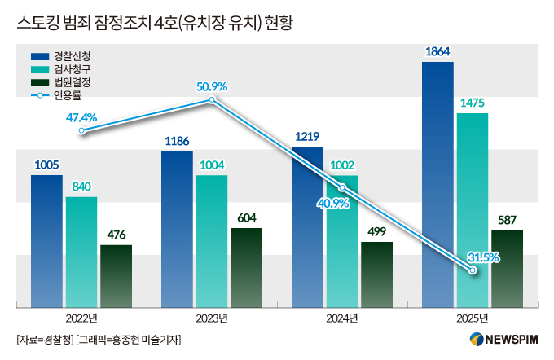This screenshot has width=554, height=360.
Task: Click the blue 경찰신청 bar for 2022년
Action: [46, 241]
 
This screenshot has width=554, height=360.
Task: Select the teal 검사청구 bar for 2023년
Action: [212, 241]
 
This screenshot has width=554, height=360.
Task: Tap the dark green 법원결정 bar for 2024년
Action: [376, 274]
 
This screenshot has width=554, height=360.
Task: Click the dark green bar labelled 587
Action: [507, 269]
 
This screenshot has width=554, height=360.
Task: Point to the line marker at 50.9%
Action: [212, 100]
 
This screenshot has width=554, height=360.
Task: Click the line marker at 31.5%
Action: [473, 272]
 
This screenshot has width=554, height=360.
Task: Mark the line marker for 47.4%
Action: [81, 130]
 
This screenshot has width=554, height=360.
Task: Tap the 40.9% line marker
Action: [343, 187]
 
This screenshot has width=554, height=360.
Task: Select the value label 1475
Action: [473, 103]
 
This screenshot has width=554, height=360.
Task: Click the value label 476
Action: [116, 235]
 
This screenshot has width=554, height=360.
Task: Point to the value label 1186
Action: [177, 141]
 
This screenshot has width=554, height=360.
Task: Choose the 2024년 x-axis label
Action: [341, 318]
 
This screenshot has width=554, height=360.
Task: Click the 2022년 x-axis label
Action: [81, 318]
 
